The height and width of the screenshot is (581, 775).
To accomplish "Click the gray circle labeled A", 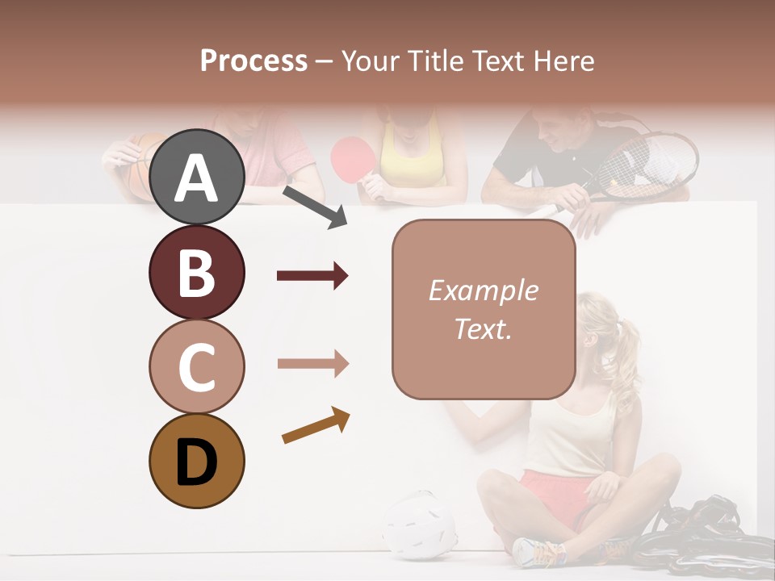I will pyautogui.click(x=196, y=177).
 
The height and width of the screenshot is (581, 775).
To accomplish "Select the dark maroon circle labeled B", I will pyautogui.click(x=196, y=272).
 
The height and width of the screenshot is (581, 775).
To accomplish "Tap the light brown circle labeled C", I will pyautogui.click(x=196, y=366).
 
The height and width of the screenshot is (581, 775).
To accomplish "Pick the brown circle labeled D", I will pyautogui.click(x=196, y=461).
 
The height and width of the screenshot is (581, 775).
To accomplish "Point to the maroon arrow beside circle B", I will pyautogui.click(x=312, y=277).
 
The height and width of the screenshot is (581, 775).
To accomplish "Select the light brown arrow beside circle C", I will pyautogui.click(x=312, y=364).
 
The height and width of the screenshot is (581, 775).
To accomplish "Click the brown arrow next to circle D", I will pyautogui.click(x=316, y=425).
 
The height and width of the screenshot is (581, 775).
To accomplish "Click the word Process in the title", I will pyautogui.click(x=253, y=61).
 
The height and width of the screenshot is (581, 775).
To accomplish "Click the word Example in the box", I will pyautogui.click(x=483, y=290).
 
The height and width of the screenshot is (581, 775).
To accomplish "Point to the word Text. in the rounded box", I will pyautogui.click(x=483, y=328).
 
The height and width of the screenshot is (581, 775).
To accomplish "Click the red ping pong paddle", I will pyautogui.click(x=350, y=155).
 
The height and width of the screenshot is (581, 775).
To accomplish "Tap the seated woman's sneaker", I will pyautogui.click(x=539, y=551).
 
